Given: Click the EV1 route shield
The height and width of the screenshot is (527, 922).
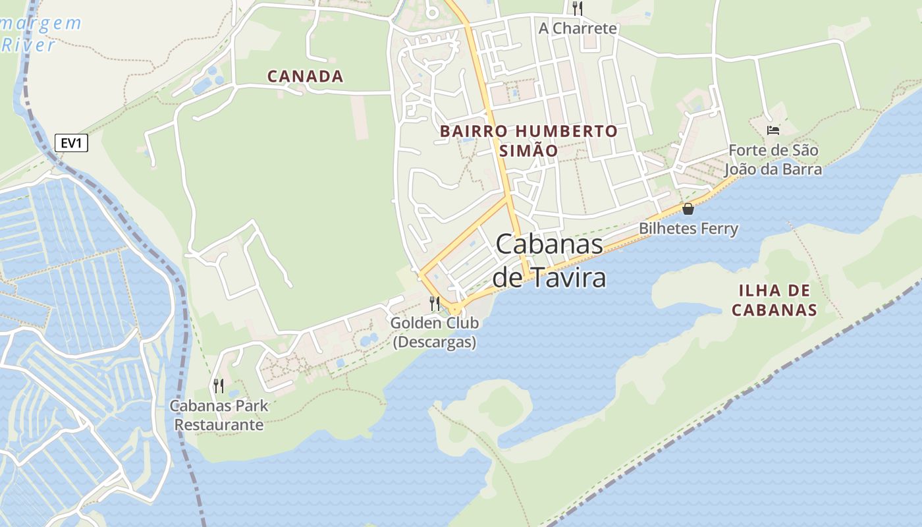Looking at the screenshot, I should click(x=71, y=143).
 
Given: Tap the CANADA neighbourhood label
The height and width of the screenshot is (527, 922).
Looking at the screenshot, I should click(x=305, y=76).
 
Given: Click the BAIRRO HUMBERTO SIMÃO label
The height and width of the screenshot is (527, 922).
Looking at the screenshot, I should click(x=529, y=140).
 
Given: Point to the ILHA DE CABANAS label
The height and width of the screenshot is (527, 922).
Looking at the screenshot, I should click(x=774, y=300).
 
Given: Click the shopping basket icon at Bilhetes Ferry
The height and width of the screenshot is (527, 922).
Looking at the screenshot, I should click(x=688, y=209).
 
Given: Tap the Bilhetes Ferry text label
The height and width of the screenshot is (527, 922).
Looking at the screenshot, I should click(x=688, y=229).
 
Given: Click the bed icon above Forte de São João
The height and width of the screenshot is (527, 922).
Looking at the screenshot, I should click(x=773, y=130).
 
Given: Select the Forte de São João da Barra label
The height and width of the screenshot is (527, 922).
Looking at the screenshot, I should click(x=773, y=159).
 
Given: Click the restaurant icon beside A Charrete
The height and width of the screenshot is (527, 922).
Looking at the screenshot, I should click(x=578, y=9).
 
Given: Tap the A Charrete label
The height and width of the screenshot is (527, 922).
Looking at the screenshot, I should click(x=578, y=28).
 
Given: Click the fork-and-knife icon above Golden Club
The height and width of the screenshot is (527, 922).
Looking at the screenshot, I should click(x=435, y=304).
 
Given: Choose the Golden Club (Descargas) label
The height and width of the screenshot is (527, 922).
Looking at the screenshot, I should click(x=435, y=333).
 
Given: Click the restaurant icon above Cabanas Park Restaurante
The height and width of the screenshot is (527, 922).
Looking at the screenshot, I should click(x=219, y=385).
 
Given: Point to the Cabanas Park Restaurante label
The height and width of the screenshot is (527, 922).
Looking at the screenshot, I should click(x=219, y=415).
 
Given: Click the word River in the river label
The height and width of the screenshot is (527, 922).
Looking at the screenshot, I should click(x=29, y=45).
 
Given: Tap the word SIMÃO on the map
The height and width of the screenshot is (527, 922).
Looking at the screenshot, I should click(x=529, y=150).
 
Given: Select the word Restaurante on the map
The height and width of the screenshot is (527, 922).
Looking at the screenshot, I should click(x=219, y=425).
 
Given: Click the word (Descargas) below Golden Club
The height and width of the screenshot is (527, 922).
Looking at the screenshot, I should click(x=435, y=343).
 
